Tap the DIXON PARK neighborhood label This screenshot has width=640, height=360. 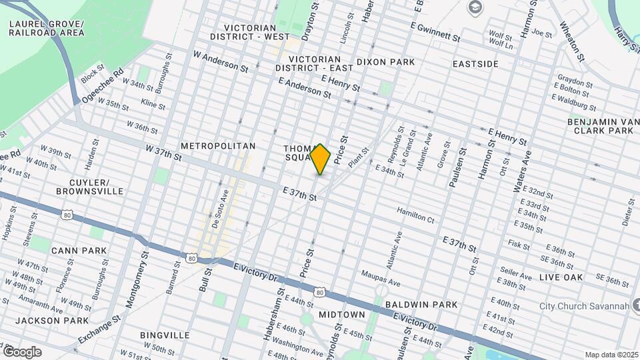(385, 62)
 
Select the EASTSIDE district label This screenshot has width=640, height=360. (475, 64)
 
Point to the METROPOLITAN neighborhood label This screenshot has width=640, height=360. (218, 145)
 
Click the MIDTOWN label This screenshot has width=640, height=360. (341, 315)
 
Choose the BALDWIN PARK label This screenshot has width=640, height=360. (421, 305)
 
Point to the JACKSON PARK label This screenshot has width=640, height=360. (52, 321)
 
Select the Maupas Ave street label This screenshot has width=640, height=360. (379, 273)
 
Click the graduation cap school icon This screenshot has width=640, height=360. (475, 7)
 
